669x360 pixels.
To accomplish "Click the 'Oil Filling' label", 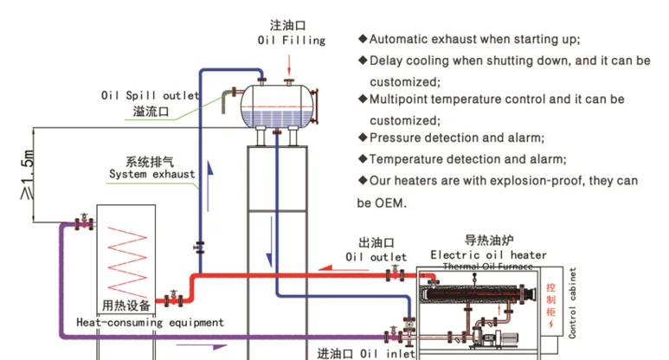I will point(291,40).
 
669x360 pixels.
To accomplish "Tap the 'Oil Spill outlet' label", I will point(151,95).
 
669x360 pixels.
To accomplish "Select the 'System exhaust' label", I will point(151,174).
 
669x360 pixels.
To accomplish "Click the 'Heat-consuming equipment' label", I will point(150,322).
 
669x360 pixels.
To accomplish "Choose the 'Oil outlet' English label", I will point(376,257).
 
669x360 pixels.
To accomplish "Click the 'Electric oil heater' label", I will point(488,254).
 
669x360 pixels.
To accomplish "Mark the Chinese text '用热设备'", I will point(126,305).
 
